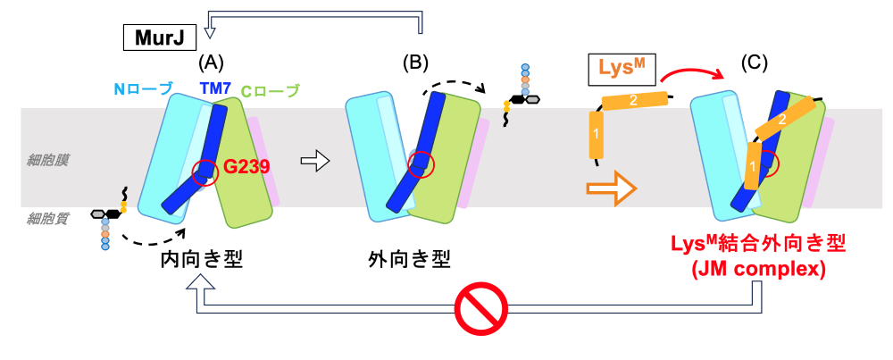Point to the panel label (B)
coord(416,63)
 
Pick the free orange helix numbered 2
coord(633,101)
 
